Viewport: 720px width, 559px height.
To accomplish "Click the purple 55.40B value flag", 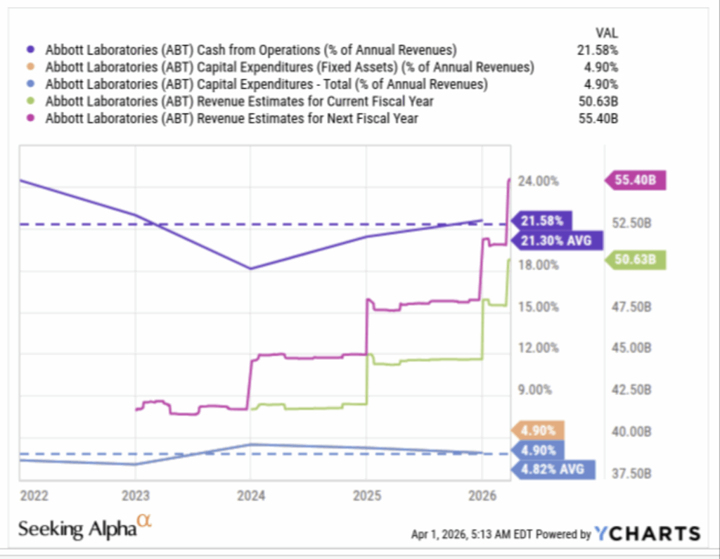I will click(636, 180).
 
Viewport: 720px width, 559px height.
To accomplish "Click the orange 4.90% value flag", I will click(539, 430).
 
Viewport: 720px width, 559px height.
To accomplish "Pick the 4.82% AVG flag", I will click(553, 469).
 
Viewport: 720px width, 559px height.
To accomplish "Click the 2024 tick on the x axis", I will click(250, 495).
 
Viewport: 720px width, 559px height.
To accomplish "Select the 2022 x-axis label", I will click(34, 495).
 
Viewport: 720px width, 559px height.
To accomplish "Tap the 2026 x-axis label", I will click(482, 495).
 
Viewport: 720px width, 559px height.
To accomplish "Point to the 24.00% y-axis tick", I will click(539, 181).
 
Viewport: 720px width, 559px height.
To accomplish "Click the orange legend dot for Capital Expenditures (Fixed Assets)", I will click(30, 68).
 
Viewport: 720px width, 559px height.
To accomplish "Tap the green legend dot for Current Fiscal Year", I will click(30, 101).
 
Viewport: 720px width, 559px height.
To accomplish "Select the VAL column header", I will click(606, 32).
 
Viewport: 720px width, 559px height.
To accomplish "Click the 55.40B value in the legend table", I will click(598, 118).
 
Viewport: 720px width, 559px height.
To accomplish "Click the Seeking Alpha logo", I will click(84, 527).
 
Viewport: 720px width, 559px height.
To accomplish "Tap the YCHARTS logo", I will click(648, 534).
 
